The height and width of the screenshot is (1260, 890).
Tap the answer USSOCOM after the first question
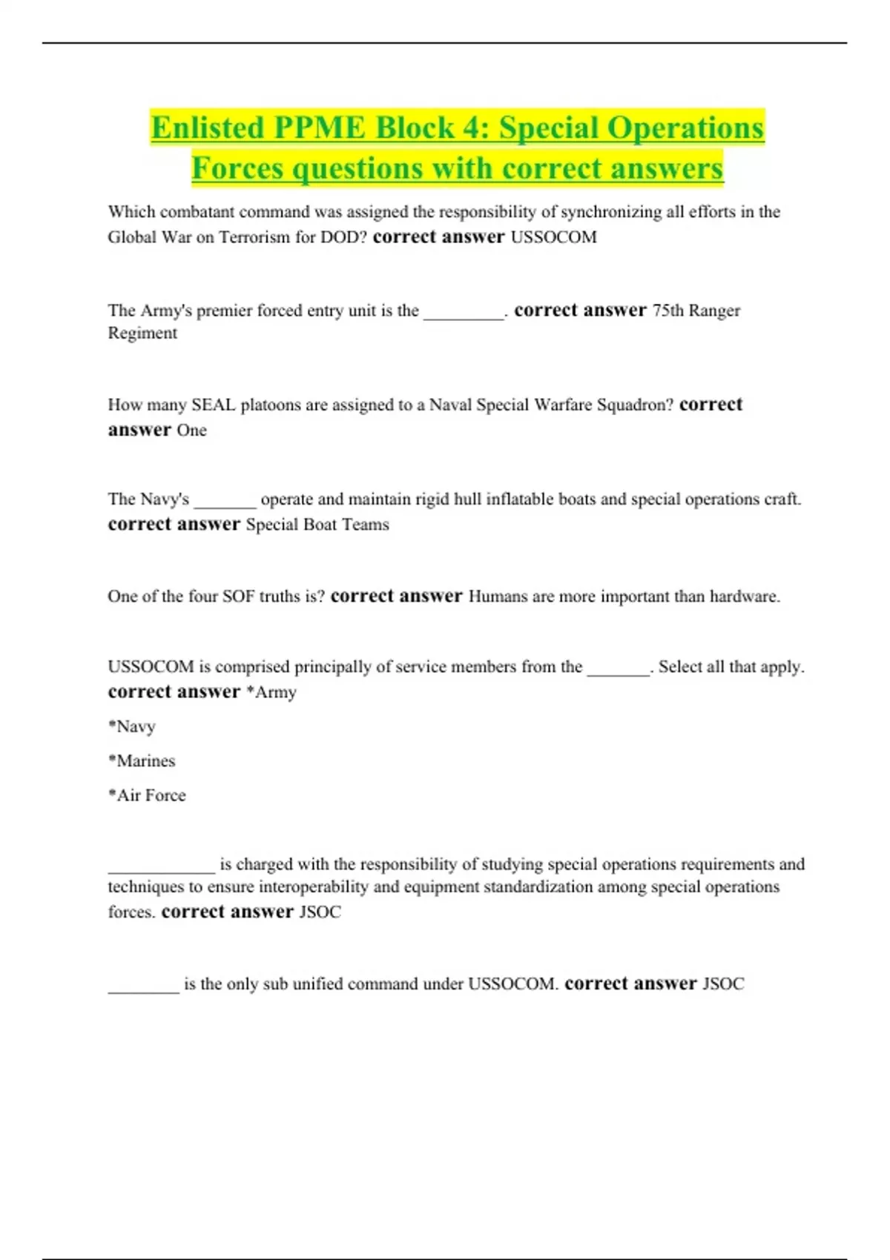pos(553,237)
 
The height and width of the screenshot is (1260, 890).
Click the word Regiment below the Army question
pos(142,333)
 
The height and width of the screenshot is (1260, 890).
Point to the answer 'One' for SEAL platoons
pos(191,430)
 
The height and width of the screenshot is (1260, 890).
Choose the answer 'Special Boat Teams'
pos(317,525)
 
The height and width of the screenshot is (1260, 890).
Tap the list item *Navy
pos(132,726)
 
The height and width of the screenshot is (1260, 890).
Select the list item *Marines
pos(142,760)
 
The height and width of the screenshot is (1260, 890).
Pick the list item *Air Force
pos(147,795)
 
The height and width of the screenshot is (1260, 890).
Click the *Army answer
pos(271,692)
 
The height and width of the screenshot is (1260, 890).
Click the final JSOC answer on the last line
pos(723,984)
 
